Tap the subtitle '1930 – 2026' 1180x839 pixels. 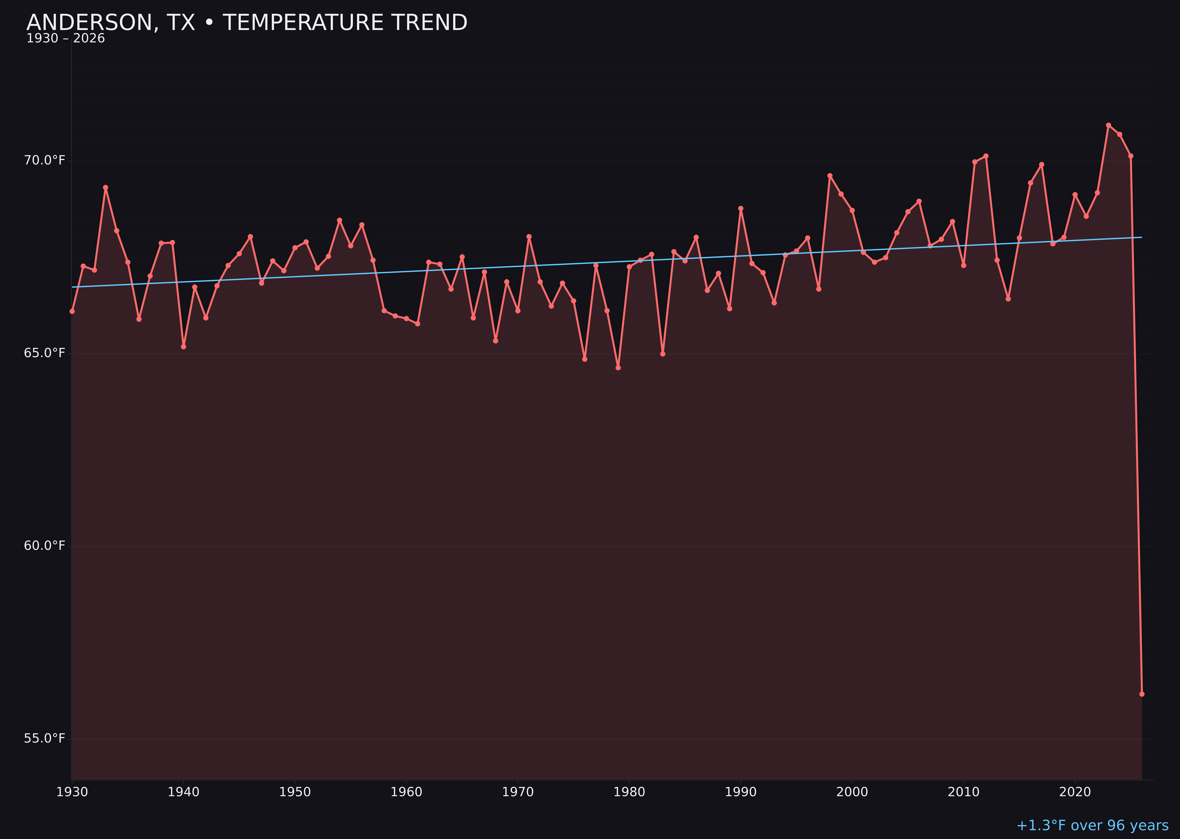click(65, 39)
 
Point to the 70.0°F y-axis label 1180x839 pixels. click(45, 161)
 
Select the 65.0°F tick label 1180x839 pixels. click(45, 353)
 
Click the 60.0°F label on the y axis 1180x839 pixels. click(45, 546)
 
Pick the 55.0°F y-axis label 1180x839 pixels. click(45, 739)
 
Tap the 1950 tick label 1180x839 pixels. click(295, 792)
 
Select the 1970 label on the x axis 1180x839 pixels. click(518, 792)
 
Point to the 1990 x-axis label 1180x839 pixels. click(740, 792)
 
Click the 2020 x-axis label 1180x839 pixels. click(1075, 792)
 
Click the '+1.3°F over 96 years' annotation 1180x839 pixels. click(1092, 825)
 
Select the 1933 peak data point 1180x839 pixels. click(105, 188)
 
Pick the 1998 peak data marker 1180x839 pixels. click(830, 176)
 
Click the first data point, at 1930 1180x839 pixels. click(72, 311)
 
